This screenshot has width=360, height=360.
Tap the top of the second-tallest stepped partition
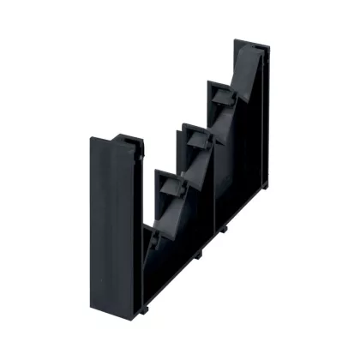[220, 83]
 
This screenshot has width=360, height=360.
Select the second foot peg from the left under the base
[196, 255]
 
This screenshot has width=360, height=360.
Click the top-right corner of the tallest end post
[271, 45]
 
